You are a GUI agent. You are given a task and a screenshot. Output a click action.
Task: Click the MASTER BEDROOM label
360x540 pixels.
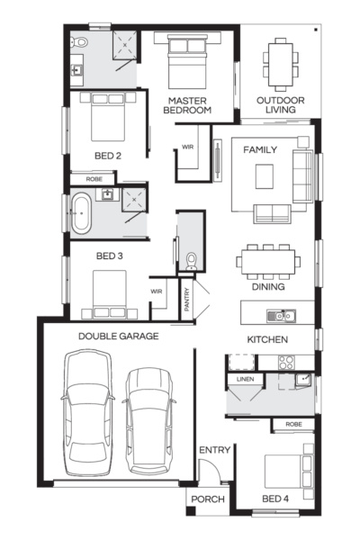click(x=187, y=105)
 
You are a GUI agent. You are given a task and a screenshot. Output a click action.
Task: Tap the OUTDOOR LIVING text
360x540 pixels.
click(x=281, y=105)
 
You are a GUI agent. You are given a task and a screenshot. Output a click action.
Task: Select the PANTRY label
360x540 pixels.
click(x=187, y=300)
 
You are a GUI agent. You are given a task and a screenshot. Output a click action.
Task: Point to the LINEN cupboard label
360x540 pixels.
click(x=246, y=379)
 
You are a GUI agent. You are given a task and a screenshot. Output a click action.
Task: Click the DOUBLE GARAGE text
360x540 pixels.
click(x=119, y=336)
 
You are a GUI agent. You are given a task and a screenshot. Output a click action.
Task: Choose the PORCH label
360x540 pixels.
click(x=208, y=499)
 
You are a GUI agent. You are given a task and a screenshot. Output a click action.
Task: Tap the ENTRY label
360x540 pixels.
click(x=214, y=450)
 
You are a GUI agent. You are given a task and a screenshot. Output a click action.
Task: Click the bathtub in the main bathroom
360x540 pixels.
click(x=81, y=213)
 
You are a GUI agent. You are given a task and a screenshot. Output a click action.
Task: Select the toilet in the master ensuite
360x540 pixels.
click(x=79, y=42)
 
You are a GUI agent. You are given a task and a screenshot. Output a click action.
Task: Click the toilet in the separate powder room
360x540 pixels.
click(x=191, y=262)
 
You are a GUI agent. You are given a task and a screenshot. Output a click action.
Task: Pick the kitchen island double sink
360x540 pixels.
click(x=281, y=316)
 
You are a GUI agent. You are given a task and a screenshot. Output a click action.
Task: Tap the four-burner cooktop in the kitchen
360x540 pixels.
click(x=286, y=363)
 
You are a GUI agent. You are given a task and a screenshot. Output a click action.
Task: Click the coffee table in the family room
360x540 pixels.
click(x=265, y=176)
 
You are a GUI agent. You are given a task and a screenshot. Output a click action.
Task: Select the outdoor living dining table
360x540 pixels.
click(x=281, y=65)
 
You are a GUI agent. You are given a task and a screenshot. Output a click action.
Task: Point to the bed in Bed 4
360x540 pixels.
click(x=289, y=472)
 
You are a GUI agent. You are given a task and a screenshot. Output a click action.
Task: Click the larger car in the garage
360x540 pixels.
click(x=87, y=413)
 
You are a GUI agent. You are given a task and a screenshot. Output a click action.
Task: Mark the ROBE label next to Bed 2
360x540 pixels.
click(x=94, y=179)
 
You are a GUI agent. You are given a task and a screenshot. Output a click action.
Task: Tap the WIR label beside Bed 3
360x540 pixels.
click(x=157, y=292)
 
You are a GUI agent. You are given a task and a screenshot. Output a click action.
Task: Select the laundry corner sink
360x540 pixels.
click(x=303, y=380)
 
